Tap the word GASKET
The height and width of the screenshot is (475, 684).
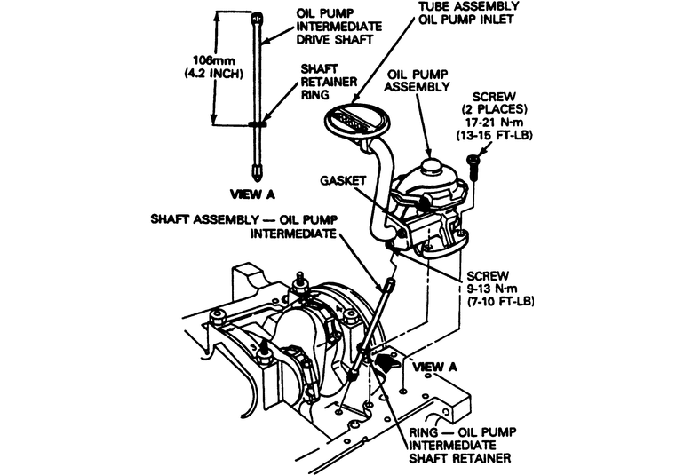click(x=341, y=179)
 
